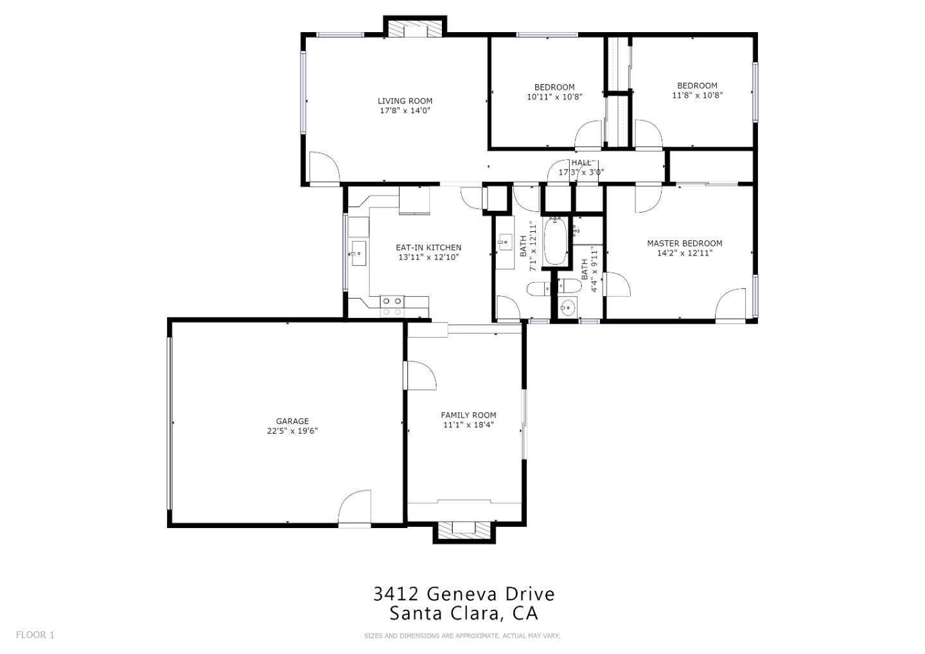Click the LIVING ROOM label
[x=405, y=101]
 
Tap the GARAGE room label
[x=292, y=421]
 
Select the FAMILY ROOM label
[x=468, y=415]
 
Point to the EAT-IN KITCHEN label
[x=428, y=247]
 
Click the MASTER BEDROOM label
[x=685, y=243]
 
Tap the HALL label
[x=581, y=163]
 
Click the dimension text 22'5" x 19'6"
[x=292, y=431]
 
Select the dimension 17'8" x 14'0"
[x=405, y=110]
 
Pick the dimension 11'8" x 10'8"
[x=698, y=95]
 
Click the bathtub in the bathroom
[x=555, y=241]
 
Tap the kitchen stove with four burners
[x=392, y=306]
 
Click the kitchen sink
[x=358, y=254]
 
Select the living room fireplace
[x=415, y=27]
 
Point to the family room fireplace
[x=464, y=533]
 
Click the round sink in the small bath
[x=568, y=307]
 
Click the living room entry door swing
[x=324, y=167]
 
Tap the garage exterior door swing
[x=355, y=507]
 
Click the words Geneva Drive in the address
[x=490, y=594]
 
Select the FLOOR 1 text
[x=35, y=635]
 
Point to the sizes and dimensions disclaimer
[x=462, y=636]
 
